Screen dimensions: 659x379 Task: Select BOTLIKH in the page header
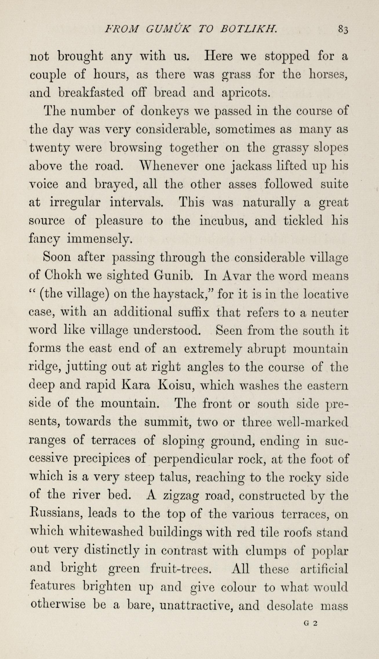[248, 29]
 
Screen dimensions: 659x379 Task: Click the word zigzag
[180, 496]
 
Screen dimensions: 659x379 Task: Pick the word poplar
[329, 551]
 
